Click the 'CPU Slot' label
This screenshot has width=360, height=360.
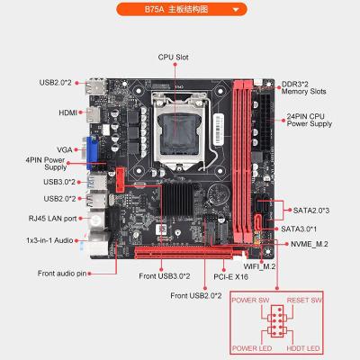178,56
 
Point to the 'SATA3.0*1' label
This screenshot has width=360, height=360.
305,229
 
